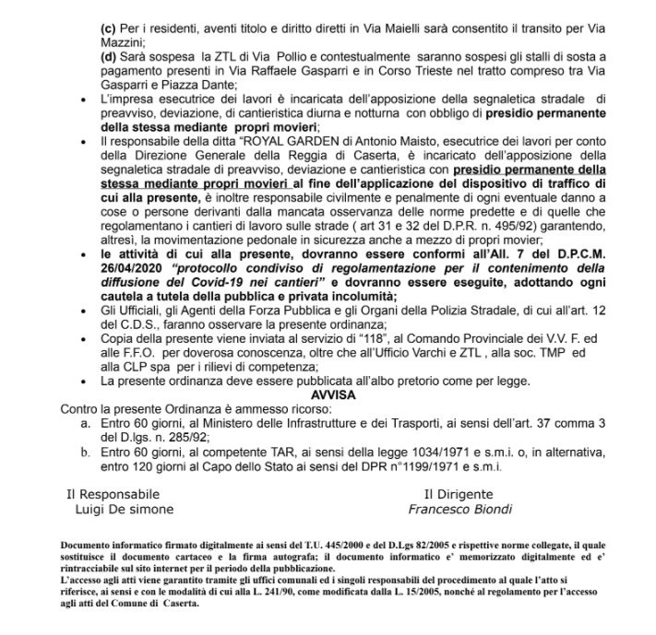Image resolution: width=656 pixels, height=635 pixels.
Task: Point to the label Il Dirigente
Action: [x=459, y=494]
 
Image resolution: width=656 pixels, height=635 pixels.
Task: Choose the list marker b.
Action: [x=88, y=453]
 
